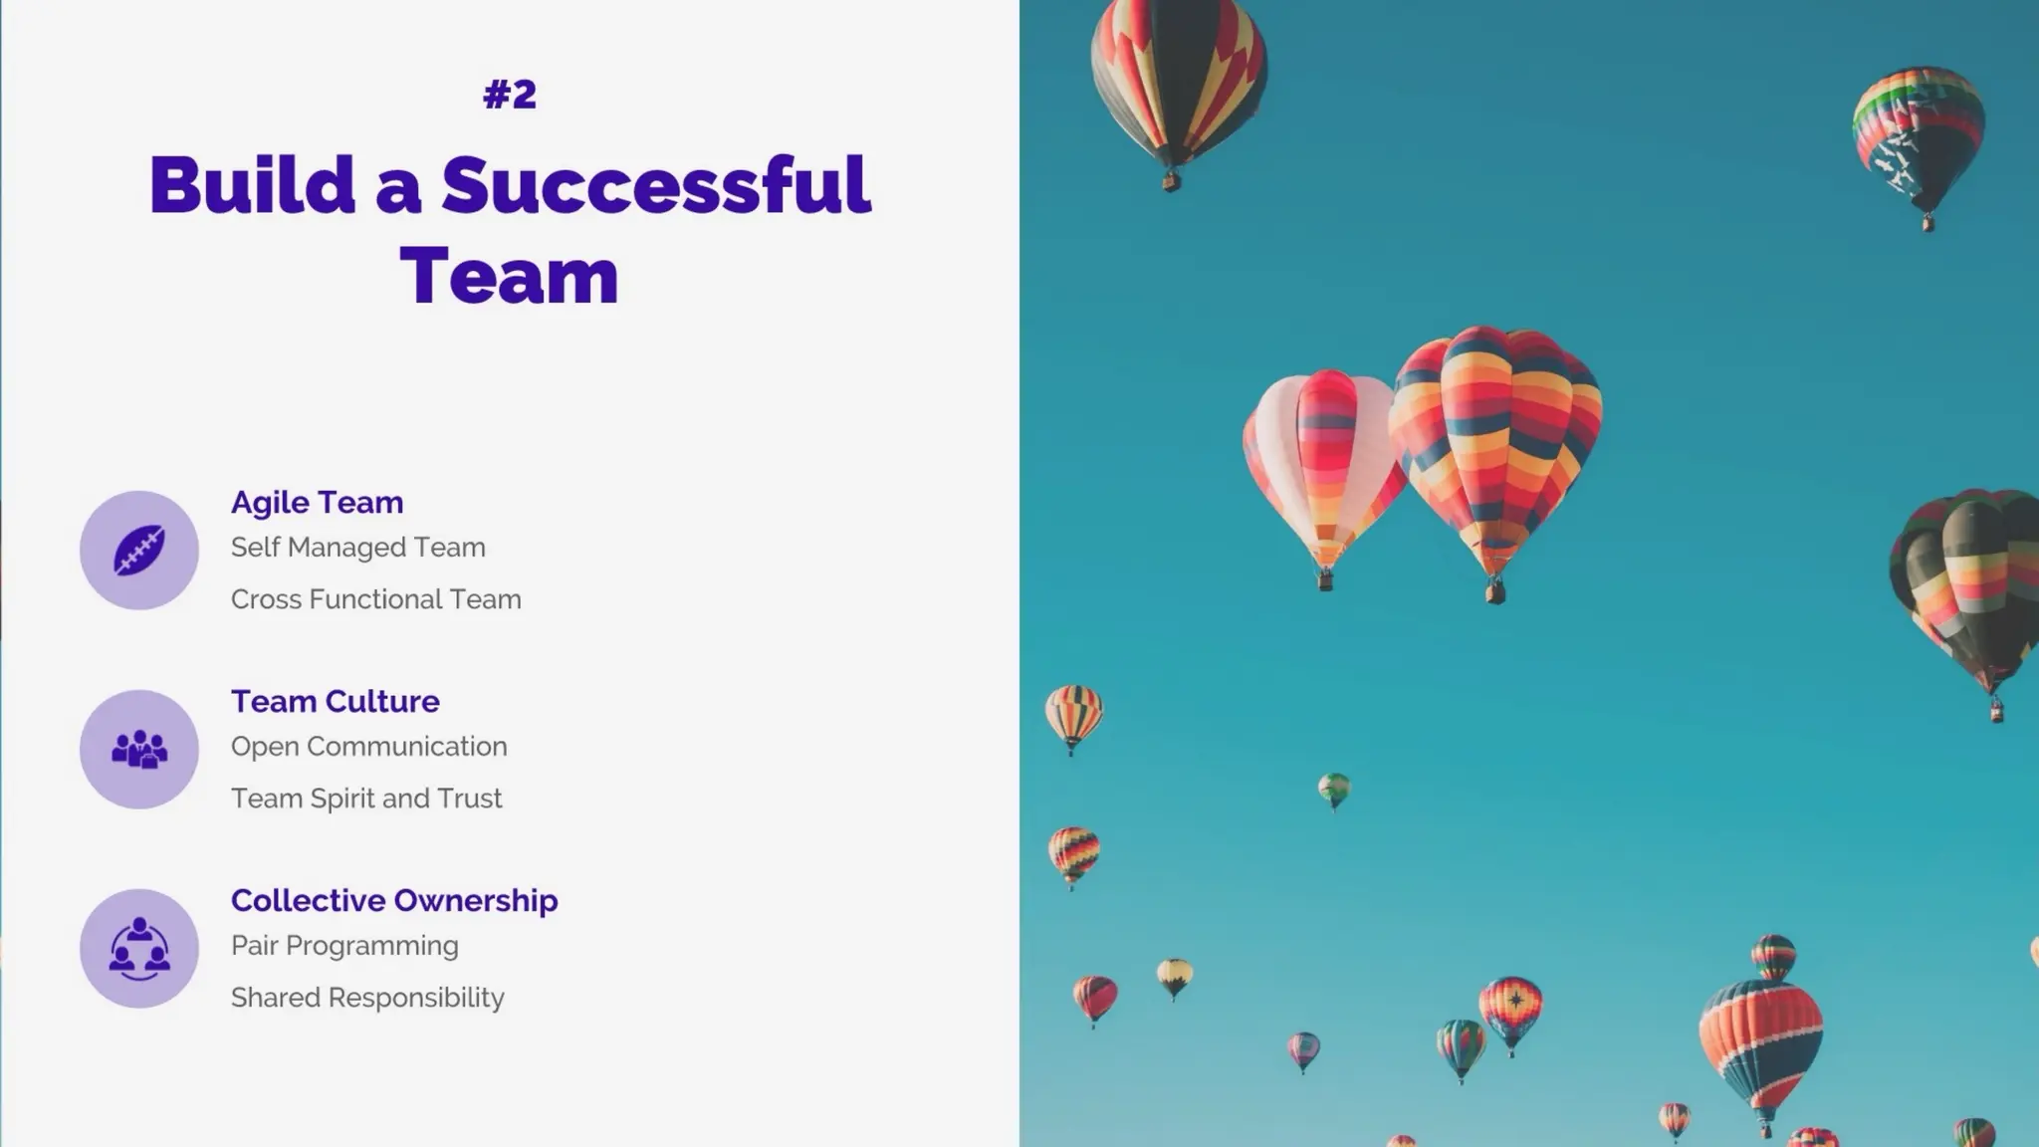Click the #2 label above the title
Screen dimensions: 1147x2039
pos(510,95)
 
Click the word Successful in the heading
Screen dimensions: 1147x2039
pos(655,185)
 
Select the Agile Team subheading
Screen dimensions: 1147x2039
pos(317,502)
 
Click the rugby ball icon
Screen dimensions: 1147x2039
pos(139,550)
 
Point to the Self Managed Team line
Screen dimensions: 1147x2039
pos(357,548)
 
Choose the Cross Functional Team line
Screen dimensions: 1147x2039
pos(375,599)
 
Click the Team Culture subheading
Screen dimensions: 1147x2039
pos(335,701)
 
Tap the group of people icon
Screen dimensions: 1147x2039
pos(139,749)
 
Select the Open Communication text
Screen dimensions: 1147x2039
pos(368,747)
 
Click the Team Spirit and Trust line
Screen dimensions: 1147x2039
pos(365,799)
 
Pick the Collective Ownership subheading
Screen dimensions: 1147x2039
pos(394,900)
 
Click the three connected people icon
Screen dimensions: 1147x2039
pos(139,948)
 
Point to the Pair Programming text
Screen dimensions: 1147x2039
pos(344,946)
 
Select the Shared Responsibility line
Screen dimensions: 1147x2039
pos(367,998)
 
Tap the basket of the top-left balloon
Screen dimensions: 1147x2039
pos(1171,182)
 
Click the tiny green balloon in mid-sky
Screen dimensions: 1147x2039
pos(1333,790)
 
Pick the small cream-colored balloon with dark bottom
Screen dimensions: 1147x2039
pos(1175,976)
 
